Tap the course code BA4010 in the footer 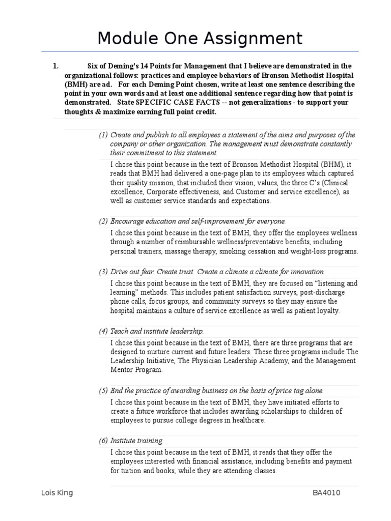tap(327, 493)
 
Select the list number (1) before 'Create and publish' tap(103, 135)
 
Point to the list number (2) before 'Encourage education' tap(103, 221)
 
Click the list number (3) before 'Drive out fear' tap(103, 272)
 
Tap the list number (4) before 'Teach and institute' tap(103, 331)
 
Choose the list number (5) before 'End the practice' tap(103, 391)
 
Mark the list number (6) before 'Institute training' tap(103, 441)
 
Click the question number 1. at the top tap(56, 66)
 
